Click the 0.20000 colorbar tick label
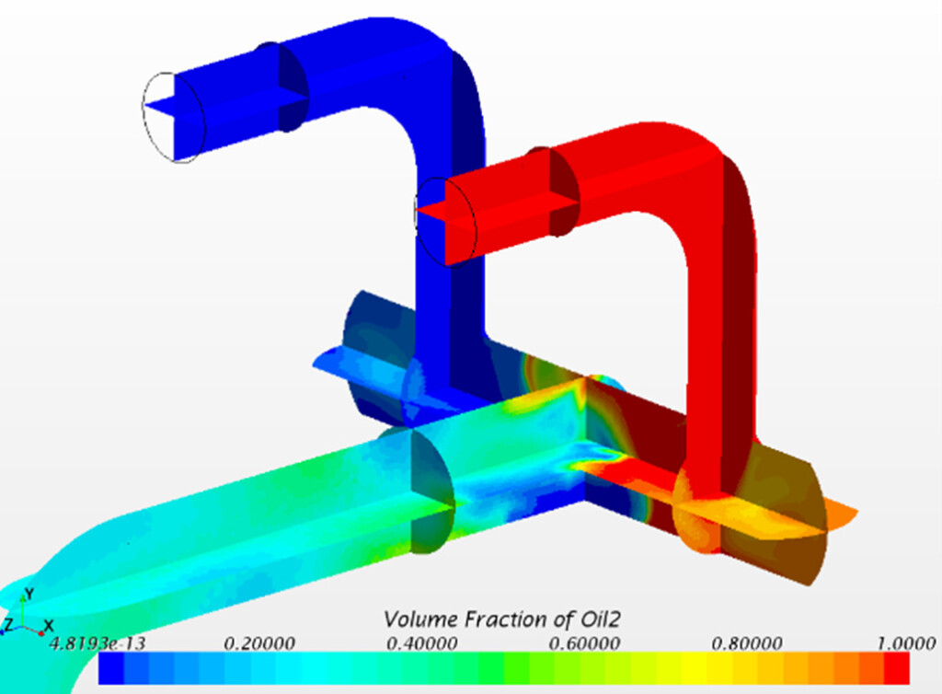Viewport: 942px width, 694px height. (x=258, y=643)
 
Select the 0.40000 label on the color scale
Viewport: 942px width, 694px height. (x=421, y=643)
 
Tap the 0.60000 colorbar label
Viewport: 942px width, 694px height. (x=584, y=643)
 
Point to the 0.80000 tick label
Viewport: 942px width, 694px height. (x=747, y=643)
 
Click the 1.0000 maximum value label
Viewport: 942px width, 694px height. (x=906, y=643)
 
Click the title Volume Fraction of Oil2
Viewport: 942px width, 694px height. (x=501, y=619)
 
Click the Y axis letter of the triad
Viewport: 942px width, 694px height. (x=29, y=595)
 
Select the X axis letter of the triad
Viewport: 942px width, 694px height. (x=50, y=626)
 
